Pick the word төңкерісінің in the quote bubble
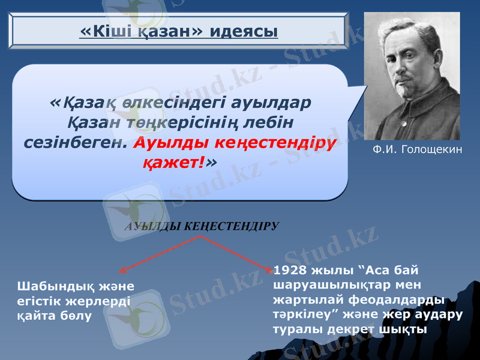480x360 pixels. point(180,123)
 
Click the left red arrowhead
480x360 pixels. point(122,271)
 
